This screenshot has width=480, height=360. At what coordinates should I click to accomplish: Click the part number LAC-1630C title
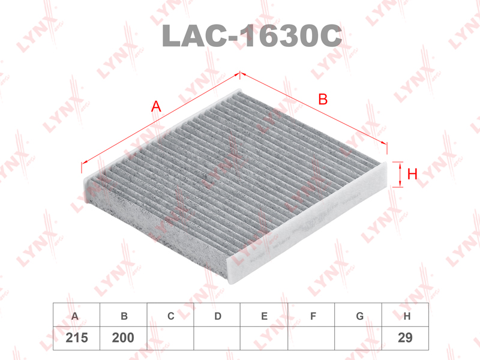coord(251,35)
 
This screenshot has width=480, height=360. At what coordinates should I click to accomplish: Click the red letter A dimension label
coord(156,107)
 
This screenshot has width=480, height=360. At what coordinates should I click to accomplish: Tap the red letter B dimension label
coord(323,99)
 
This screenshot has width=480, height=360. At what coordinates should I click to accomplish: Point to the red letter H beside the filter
coord(412,174)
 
